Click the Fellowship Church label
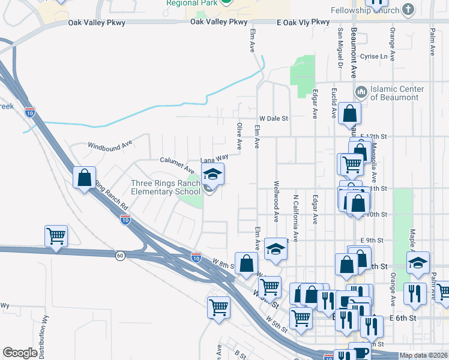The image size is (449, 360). point(366,10)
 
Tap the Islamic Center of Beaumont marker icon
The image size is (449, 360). point(361,92)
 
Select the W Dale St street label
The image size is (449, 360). point(274,119)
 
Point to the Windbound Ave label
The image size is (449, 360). point(109,145)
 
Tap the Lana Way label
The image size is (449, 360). point(214,160)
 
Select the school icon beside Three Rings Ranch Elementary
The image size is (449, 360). point(212,175)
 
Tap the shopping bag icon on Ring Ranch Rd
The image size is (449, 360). point(84,177)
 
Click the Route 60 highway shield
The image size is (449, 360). point(120,256)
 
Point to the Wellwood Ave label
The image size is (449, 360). point(276,200)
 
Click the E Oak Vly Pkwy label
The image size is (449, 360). point(304,22)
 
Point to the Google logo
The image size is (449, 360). point(20,353)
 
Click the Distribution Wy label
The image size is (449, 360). point(44,334)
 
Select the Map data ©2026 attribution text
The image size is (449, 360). point(422,355)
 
